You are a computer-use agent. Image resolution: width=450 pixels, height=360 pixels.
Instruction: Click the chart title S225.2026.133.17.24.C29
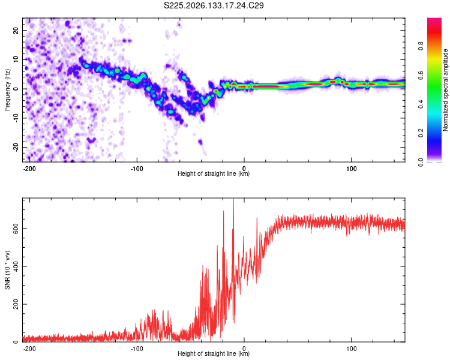tap(214, 5)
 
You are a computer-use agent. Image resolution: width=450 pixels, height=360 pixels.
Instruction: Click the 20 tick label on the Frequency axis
tap(16, 30)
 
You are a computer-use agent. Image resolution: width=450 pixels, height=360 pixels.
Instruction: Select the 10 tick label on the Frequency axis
tap(16, 59)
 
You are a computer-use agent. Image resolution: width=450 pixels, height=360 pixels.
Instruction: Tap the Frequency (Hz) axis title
tap(7, 90)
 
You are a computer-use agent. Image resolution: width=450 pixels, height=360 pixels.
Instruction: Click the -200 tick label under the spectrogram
tap(29, 169)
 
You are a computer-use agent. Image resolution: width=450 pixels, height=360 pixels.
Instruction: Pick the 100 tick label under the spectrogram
tap(351, 169)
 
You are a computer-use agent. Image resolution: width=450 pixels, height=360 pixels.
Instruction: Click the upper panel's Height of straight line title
tap(214, 173)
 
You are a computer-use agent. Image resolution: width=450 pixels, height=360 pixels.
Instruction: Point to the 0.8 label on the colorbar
tap(421, 46)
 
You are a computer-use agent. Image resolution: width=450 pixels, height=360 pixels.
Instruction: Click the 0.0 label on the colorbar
tap(421, 162)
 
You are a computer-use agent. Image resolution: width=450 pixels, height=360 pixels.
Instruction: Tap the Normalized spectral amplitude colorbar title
tap(445, 90)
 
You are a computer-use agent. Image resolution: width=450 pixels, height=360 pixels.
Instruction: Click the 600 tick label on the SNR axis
tap(16, 229)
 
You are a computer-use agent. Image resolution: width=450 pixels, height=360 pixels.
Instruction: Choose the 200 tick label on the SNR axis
tap(16, 304)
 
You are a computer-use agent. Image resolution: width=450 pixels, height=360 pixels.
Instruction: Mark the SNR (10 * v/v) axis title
tap(7, 270)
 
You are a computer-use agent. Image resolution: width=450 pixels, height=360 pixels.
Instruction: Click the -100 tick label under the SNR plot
tap(137, 349)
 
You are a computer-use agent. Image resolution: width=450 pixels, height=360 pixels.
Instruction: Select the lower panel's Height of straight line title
tap(214, 353)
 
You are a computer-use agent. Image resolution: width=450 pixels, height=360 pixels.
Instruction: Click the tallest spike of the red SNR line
tap(233, 199)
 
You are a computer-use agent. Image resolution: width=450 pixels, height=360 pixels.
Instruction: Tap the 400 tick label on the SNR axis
tap(16, 266)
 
